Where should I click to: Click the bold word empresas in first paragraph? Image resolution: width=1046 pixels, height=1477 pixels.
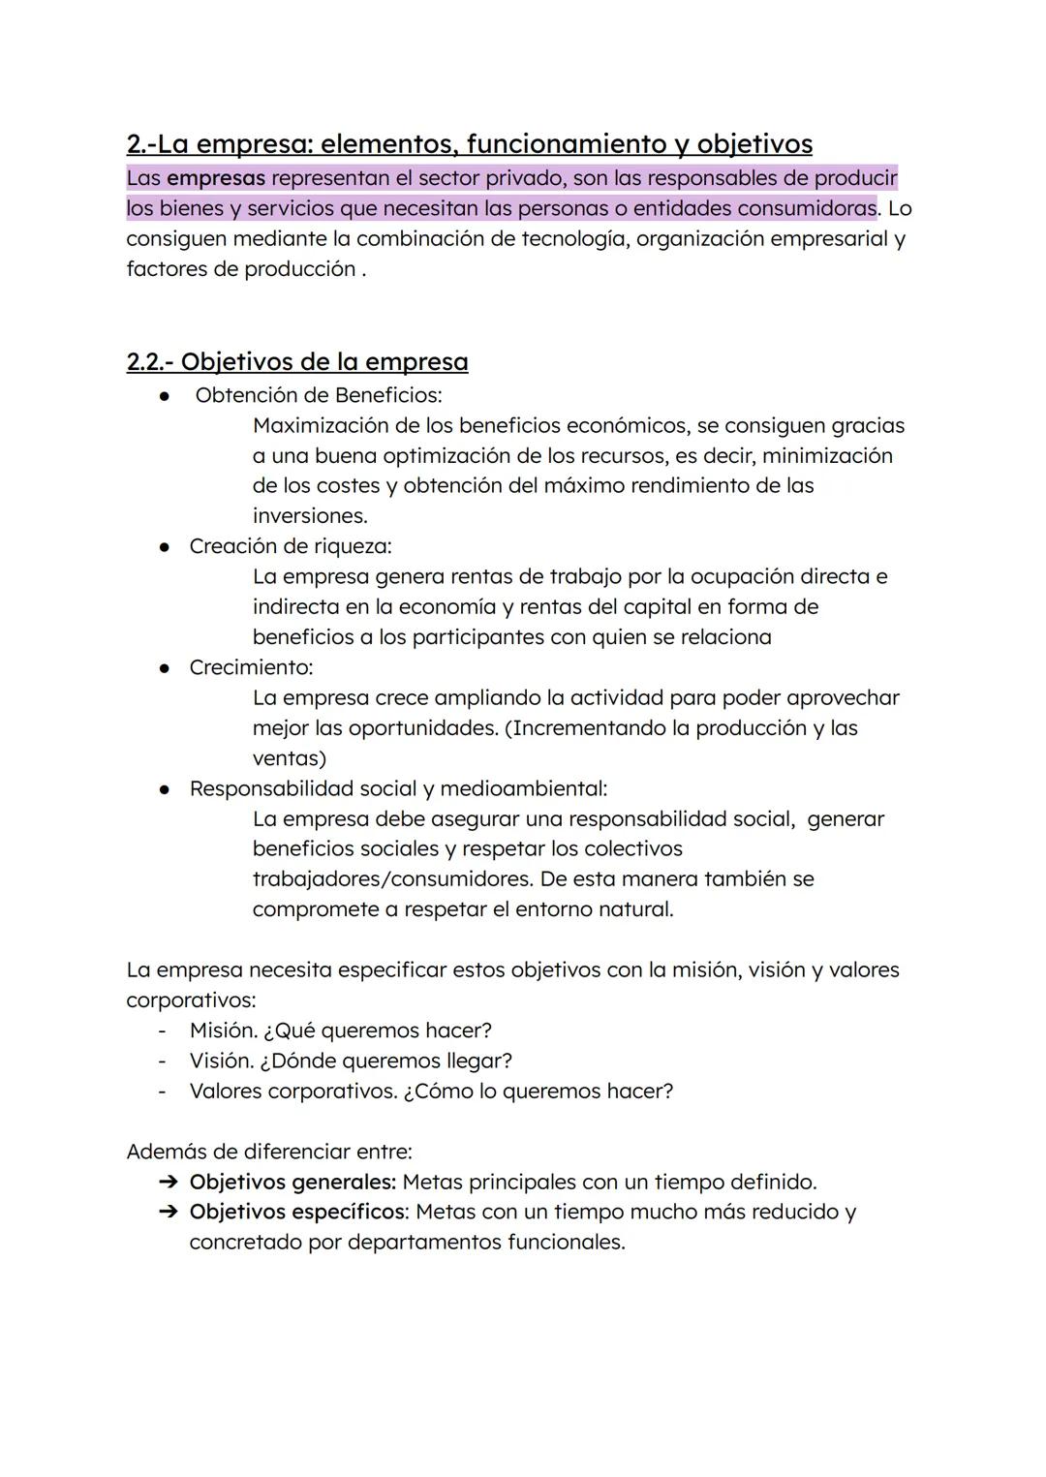(215, 179)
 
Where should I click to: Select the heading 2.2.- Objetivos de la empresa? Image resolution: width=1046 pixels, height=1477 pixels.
(296, 362)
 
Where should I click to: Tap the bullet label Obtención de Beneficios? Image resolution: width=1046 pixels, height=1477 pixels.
(318, 395)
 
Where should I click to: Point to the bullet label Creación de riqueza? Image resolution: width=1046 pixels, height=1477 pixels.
(290, 546)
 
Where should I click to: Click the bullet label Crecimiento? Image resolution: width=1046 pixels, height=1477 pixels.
(251, 667)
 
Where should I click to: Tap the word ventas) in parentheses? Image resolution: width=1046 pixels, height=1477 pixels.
(289, 758)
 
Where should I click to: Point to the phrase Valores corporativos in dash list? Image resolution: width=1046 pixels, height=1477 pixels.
(292, 1092)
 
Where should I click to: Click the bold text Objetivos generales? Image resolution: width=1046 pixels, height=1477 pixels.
(292, 1183)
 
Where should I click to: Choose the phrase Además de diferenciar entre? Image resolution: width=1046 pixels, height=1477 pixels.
(269, 1152)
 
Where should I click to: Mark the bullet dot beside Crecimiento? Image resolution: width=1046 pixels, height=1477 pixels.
(166, 667)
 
